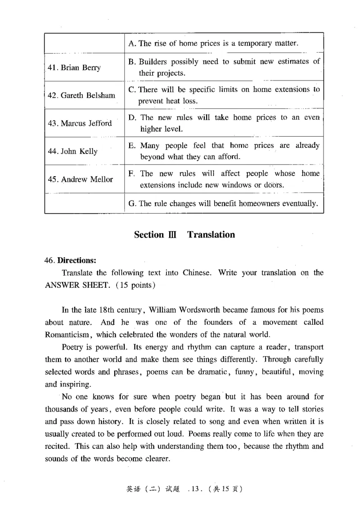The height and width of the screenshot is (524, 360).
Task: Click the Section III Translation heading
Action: pyautogui.click(x=184, y=234)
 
